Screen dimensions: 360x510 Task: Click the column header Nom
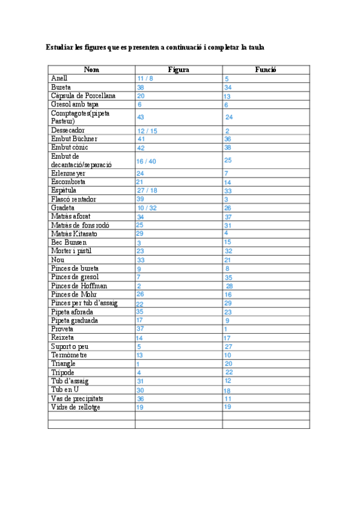click(x=91, y=70)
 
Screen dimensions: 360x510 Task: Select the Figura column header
click(x=178, y=70)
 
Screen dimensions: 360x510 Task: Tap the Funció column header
click(x=265, y=70)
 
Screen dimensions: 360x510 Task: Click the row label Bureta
click(x=61, y=87)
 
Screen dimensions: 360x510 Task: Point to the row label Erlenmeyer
click(x=68, y=173)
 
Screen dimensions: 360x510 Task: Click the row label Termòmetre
click(x=69, y=355)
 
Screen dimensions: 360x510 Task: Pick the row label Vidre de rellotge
click(x=76, y=407)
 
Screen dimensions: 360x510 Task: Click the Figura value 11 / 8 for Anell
click(x=145, y=79)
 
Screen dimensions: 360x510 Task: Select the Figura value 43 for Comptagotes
click(x=141, y=117)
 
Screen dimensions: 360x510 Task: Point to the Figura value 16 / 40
click(x=146, y=161)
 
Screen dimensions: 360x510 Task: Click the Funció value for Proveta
click(x=225, y=330)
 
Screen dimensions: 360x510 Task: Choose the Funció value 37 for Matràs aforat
click(x=228, y=217)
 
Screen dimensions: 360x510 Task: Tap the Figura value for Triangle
click(x=138, y=364)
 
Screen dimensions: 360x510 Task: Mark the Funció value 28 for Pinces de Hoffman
click(x=229, y=286)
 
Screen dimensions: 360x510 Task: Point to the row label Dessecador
click(x=68, y=130)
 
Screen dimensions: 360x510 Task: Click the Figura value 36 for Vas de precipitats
click(x=140, y=399)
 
